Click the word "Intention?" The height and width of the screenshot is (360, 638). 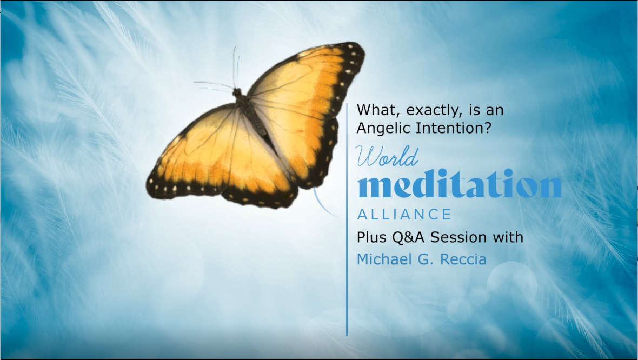[454, 128]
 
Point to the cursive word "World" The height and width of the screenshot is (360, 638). [387, 157]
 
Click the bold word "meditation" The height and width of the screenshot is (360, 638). [460, 183]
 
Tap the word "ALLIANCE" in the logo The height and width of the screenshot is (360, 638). [404, 215]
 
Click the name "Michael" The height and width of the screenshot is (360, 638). [386, 259]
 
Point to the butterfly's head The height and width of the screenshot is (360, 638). [237, 92]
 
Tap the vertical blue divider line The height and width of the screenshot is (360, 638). [347, 219]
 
